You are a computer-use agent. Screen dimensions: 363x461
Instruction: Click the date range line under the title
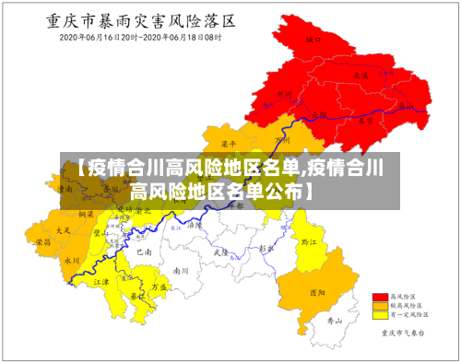[x=140, y=38]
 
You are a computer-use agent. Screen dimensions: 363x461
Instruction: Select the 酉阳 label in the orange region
[x=317, y=293]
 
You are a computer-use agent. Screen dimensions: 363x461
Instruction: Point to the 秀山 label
[x=337, y=321]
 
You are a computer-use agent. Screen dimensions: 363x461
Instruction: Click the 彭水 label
[x=266, y=248]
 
